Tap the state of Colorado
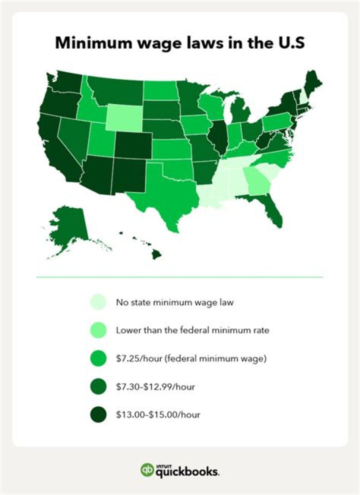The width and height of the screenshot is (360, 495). point(132,145)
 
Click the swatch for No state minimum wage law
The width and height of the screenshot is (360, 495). point(98,302)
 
